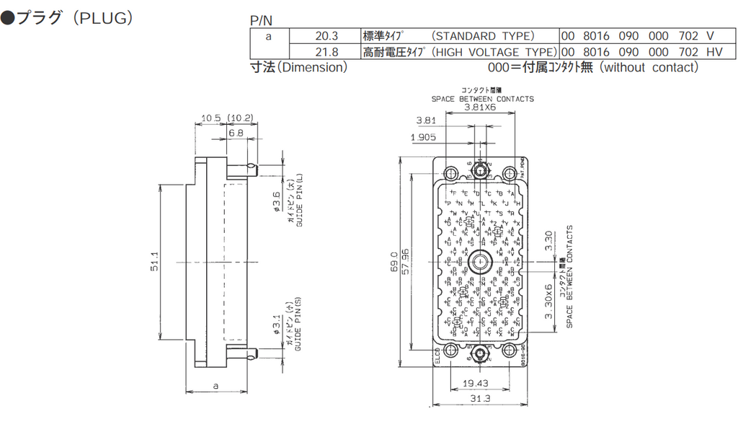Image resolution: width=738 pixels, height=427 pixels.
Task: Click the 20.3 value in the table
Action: tap(326, 36)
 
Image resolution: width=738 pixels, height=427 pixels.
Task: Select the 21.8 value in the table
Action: tap(326, 52)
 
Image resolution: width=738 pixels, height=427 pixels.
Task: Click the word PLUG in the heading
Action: tap(105, 18)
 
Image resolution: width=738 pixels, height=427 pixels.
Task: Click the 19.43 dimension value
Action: tap(476, 383)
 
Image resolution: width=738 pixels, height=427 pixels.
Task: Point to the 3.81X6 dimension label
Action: tap(480, 107)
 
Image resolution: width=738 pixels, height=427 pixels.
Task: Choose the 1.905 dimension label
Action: tap(424, 137)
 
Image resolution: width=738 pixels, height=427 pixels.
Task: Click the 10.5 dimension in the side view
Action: tap(210, 118)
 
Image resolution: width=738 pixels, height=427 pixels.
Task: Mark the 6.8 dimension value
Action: tap(236, 133)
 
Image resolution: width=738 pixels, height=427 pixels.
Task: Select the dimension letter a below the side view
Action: tap(216, 386)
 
